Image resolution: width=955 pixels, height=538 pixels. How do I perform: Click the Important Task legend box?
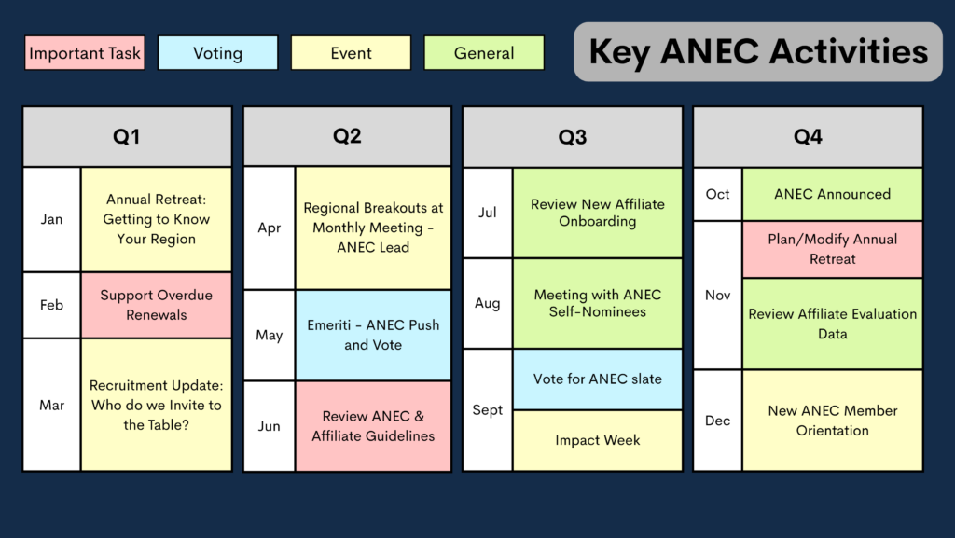[85, 53]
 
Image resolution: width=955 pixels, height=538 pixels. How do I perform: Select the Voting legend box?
[217, 53]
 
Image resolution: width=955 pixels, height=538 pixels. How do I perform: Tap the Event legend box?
[351, 53]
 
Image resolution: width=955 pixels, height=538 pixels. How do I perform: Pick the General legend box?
[484, 53]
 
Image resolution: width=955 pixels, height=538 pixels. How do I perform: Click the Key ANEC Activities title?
[758, 51]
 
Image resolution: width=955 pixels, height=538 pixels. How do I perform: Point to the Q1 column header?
[127, 136]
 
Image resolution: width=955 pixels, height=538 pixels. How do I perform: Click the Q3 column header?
[573, 137]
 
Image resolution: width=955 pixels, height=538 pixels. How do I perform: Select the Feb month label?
[52, 305]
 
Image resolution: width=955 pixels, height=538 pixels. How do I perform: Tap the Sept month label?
[487, 410]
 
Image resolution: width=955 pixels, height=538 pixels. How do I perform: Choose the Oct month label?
[717, 194]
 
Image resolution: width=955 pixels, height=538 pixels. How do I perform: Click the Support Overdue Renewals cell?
[157, 305]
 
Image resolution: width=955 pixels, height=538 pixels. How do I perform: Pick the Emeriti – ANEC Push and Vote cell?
[373, 336]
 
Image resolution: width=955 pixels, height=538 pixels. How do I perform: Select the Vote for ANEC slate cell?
[598, 379]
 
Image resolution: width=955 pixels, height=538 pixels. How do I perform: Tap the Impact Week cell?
[598, 440]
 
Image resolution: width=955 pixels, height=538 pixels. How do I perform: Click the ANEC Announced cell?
[833, 194]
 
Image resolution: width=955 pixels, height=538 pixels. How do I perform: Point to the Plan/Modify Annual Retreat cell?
[833, 249]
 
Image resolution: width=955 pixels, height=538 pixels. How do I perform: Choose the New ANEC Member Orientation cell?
[833, 421]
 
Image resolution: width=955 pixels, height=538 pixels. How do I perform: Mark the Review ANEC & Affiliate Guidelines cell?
[373, 426]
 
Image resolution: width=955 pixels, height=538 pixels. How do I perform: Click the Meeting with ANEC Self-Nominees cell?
[598, 303]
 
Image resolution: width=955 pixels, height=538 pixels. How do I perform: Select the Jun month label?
[269, 426]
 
